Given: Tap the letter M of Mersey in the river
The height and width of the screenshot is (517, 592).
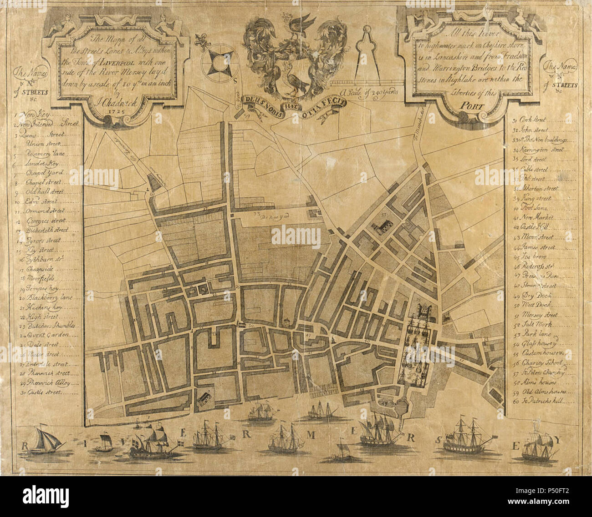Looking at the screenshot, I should click(x=311, y=436).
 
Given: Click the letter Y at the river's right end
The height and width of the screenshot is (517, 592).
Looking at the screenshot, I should click(x=559, y=440).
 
